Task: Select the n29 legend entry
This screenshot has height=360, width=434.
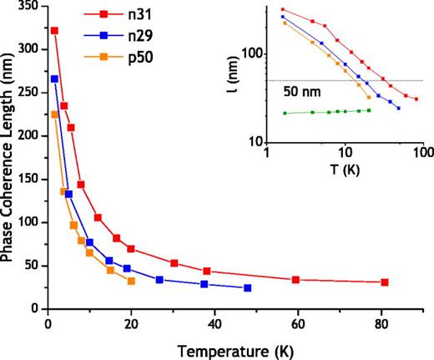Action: coord(125,37)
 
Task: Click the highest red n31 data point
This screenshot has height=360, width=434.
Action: coord(54,30)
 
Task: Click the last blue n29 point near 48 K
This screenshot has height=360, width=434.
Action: coord(247,288)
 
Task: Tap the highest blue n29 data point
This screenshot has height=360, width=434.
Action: coord(54,79)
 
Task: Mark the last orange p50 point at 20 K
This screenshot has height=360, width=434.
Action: coord(131,281)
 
